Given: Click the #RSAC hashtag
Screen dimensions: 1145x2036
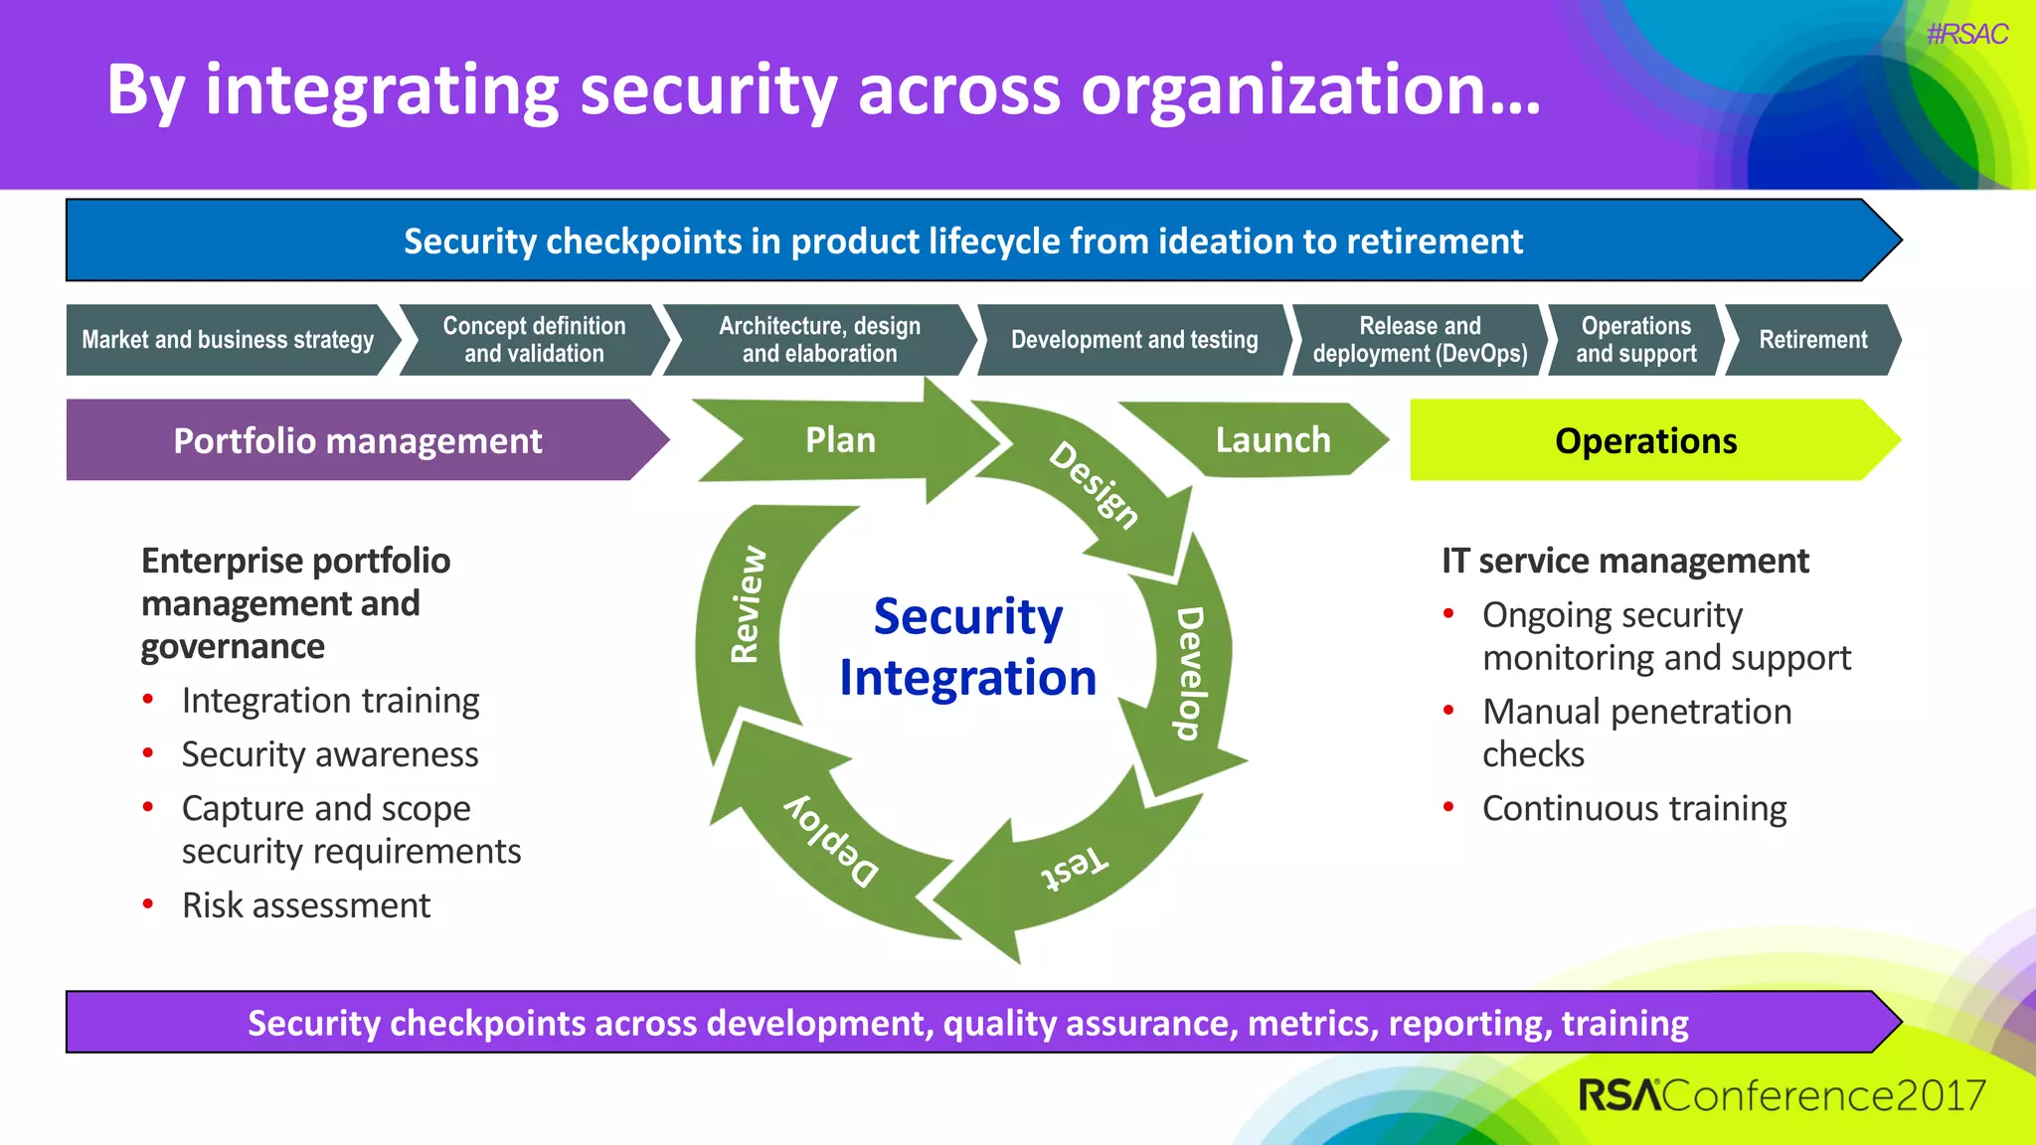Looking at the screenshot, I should [1966, 35].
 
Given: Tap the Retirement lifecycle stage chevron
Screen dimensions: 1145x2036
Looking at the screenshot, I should [1812, 340].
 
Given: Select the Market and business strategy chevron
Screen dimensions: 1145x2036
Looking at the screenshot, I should [228, 340].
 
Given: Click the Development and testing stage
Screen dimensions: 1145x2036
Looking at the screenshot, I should [1133, 340].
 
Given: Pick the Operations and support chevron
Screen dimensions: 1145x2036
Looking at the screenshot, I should [1635, 340].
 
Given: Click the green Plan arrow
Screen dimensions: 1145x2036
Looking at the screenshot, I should [841, 440].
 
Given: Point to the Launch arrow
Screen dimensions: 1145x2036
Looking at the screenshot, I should [1272, 440].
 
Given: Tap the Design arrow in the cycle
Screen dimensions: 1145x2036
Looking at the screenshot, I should [1095, 484].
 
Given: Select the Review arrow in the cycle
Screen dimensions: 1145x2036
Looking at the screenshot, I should [747, 603].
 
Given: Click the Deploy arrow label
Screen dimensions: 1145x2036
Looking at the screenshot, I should [832, 840].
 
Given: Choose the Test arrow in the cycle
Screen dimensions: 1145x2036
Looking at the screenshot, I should [1073, 869].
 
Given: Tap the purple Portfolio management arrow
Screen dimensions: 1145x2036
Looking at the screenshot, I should [357, 440].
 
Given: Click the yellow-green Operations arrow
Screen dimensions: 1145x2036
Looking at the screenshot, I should [1645, 440].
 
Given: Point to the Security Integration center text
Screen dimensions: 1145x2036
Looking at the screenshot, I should [967, 647].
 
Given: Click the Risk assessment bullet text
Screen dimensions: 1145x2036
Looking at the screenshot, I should [306, 905].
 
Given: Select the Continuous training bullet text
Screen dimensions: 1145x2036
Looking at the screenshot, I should [1633, 809].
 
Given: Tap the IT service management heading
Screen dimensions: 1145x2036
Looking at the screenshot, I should [1624, 562].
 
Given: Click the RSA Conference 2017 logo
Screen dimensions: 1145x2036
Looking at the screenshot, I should [1781, 1095].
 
